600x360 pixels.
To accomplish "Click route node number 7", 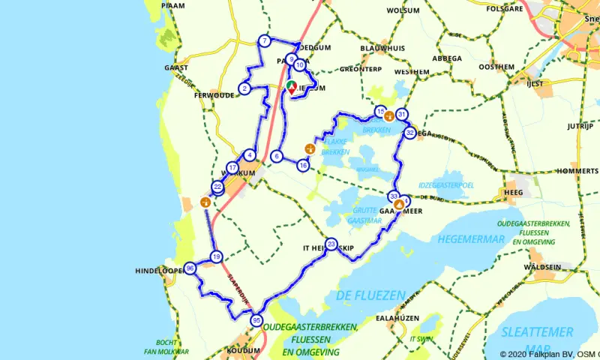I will coord(265,41).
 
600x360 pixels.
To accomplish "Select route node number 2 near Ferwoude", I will coord(244,89).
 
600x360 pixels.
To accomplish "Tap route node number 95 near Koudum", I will coord(256,320).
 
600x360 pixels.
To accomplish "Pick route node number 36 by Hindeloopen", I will coord(190,268).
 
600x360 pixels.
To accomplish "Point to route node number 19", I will coord(216,257).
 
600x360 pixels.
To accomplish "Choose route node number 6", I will coord(277,156).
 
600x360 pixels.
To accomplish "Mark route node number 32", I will coord(409,133).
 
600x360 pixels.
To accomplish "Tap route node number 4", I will coord(250,155).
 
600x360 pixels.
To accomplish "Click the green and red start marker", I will coord(291,86).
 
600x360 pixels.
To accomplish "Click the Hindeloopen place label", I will coord(159,271).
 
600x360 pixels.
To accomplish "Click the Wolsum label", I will coord(403,10).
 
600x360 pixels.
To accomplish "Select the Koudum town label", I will coord(243,351).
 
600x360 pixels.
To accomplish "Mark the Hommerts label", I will coord(578,171).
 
